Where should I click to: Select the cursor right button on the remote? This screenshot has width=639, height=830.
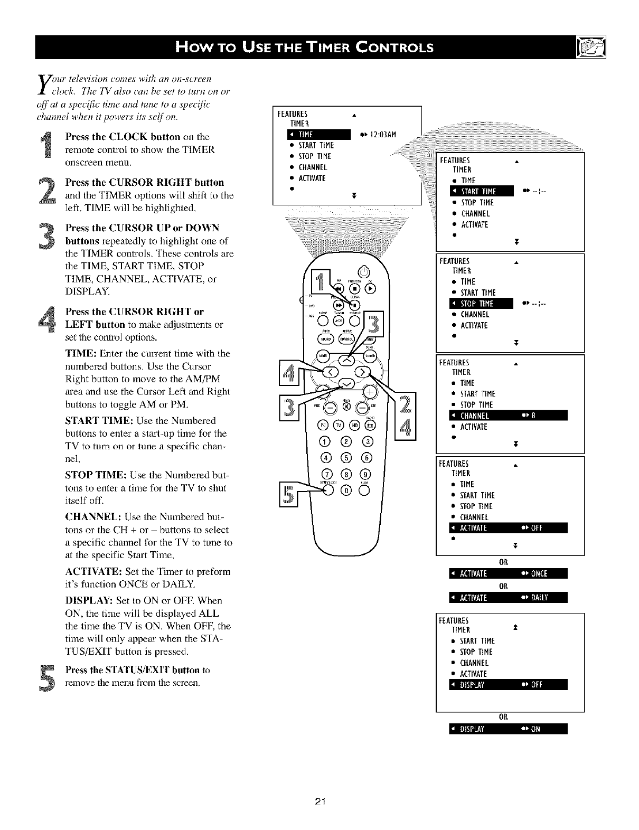363,373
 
